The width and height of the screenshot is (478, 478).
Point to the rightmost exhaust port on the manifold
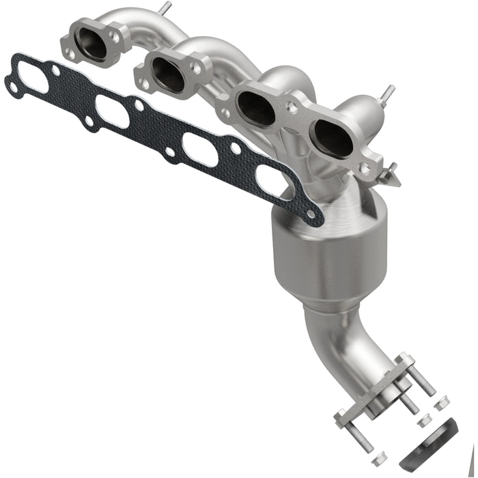[333, 139]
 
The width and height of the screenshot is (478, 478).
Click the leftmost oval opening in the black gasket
[36, 81]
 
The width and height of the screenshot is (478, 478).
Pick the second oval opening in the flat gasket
[113, 111]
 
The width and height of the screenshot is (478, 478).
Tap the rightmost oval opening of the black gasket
[275, 182]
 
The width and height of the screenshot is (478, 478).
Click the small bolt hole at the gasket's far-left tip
[13, 85]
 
